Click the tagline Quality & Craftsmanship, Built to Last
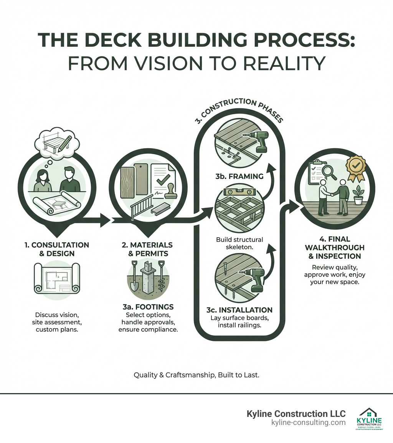click(196, 375)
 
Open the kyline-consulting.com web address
click(308, 422)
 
